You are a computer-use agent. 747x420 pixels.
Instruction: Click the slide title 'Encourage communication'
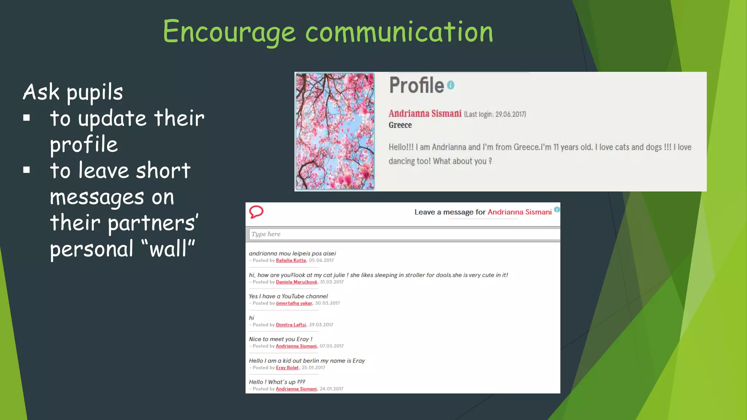click(x=328, y=32)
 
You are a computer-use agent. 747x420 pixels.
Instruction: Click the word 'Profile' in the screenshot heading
click(x=416, y=85)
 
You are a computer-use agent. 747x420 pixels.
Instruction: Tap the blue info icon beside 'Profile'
click(x=451, y=85)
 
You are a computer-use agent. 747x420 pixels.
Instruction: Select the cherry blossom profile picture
click(x=335, y=131)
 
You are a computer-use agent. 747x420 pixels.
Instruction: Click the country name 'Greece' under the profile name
click(x=400, y=125)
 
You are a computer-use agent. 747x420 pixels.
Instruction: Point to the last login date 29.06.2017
click(x=510, y=114)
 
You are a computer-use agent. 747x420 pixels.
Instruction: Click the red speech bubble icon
click(x=256, y=212)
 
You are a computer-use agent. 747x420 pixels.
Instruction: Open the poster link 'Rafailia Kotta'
click(x=291, y=260)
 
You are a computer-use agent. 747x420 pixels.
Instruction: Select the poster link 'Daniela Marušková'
click(x=296, y=282)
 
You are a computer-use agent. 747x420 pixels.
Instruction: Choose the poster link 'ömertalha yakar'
click(x=294, y=303)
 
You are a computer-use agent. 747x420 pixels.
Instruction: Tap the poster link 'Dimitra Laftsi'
click(x=291, y=325)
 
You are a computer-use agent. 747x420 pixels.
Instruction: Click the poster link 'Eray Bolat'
click(x=287, y=367)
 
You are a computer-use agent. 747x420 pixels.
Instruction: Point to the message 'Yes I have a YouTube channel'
click(x=288, y=296)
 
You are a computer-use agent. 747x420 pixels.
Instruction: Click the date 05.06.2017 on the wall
click(x=321, y=260)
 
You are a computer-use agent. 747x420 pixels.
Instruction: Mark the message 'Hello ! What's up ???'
click(x=277, y=382)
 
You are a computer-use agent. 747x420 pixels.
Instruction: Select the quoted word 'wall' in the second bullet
click(x=168, y=249)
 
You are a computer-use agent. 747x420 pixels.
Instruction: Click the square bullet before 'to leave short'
click(x=27, y=170)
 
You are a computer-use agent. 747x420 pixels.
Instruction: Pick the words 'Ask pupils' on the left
click(x=73, y=92)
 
